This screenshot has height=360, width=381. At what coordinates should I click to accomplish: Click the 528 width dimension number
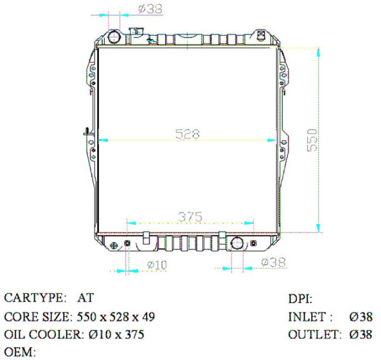(187, 134)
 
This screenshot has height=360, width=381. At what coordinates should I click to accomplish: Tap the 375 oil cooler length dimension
(190, 216)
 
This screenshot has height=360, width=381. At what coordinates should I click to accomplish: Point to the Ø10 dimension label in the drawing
(156, 264)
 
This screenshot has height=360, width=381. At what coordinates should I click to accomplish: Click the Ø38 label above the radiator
(149, 9)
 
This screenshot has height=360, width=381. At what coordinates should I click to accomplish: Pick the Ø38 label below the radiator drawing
(273, 262)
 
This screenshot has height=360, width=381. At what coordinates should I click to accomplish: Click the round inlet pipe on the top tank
(114, 36)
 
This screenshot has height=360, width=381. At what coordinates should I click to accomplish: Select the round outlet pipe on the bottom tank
(237, 244)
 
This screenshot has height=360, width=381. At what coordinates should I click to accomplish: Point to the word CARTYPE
(35, 298)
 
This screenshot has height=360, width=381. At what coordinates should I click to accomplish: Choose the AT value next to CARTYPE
(84, 298)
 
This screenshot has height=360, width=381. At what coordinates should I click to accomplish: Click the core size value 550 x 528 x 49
(116, 316)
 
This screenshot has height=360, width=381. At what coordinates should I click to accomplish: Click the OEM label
(19, 351)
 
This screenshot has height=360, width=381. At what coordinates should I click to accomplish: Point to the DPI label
(300, 298)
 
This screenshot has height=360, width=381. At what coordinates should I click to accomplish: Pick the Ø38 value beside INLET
(360, 316)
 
